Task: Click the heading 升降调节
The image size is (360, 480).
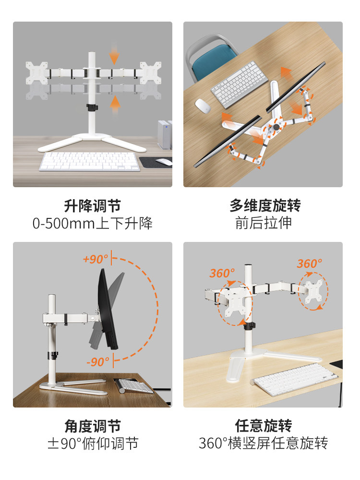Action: coord(92,206)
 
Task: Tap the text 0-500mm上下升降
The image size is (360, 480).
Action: coord(92,223)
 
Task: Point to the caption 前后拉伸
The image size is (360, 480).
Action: coord(264,223)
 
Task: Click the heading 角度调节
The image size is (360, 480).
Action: coord(92,426)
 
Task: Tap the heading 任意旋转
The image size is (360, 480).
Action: coord(264,426)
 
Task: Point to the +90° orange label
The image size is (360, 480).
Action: coord(95,259)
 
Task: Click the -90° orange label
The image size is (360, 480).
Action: coord(98,361)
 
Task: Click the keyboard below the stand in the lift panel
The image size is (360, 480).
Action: coord(90,161)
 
